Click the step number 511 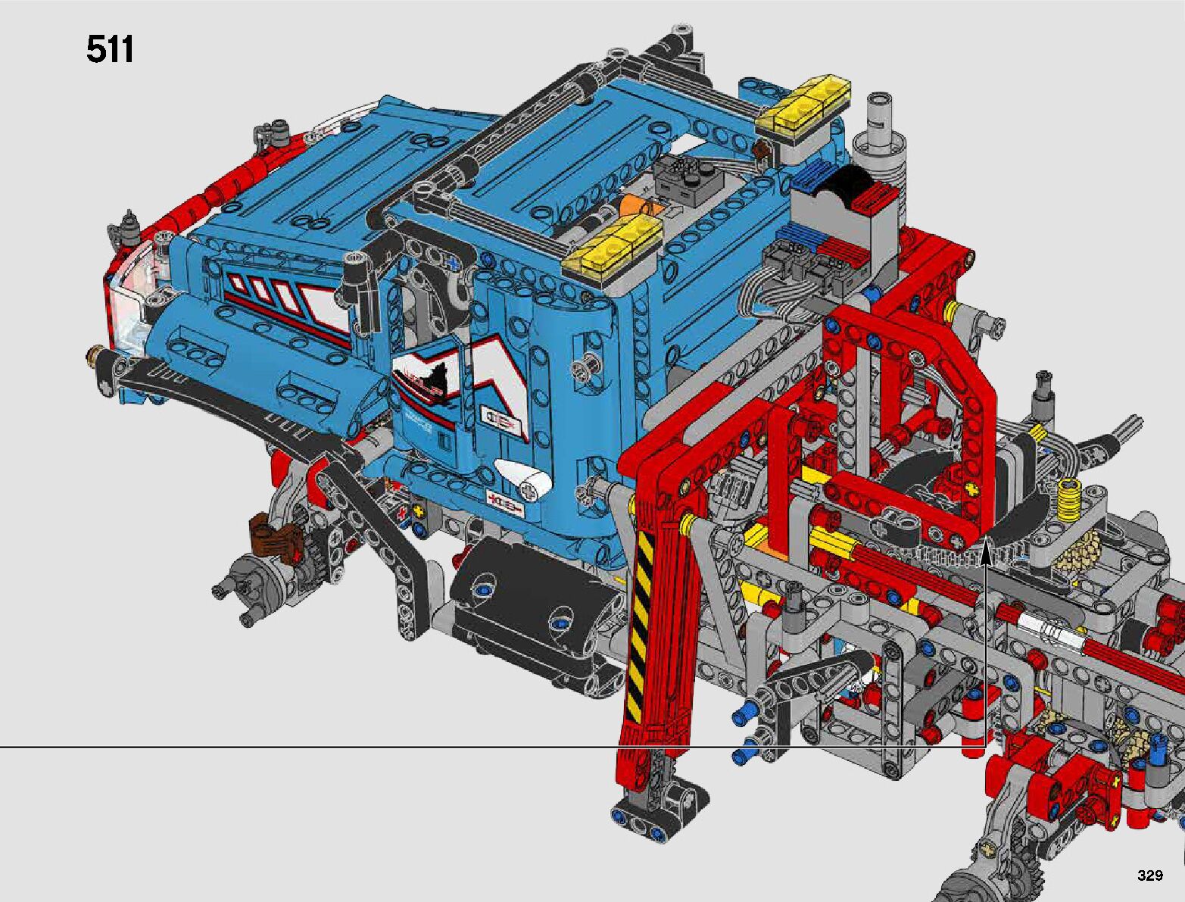click(x=110, y=50)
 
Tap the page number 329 click(x=1150, y=875)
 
